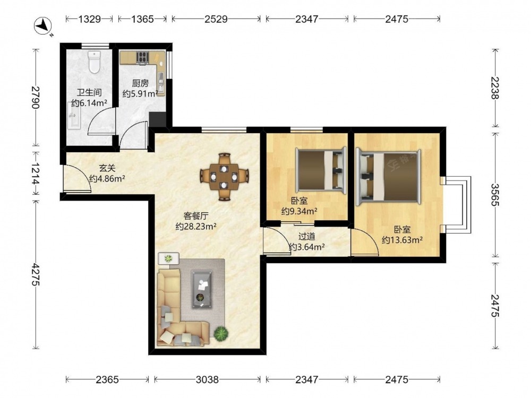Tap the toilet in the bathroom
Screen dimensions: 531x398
pos(94,62)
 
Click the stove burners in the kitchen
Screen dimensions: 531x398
pos(142,57)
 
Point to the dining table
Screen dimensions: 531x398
pos(224,177)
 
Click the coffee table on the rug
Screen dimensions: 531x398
pos(202,289)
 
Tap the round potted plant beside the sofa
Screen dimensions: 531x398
pos(221,333)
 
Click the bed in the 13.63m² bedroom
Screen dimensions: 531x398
pos(389,176)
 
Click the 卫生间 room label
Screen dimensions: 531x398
pos(89,92)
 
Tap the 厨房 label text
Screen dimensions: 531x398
pos(140,83)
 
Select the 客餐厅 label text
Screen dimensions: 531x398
pos(196,216)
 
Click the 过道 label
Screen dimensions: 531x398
pos(307,236)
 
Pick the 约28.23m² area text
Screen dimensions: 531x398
pos(196,227)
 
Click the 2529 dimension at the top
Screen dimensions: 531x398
pos(216,19)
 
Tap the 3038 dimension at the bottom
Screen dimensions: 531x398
pos(207,380)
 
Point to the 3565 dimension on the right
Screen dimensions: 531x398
pos(495,195)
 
